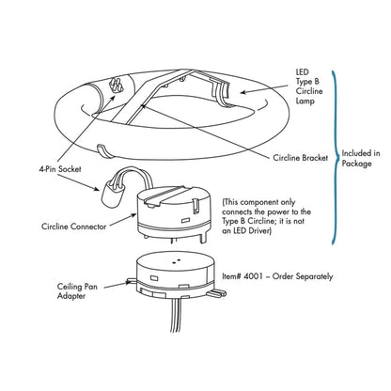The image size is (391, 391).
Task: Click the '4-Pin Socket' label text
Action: [x=60, y=169]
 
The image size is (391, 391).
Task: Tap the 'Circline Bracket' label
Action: [x=300, y=158]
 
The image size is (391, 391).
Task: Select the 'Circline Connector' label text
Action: [x=73, y=227]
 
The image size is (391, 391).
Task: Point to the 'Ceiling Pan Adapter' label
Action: [x=77, y=291]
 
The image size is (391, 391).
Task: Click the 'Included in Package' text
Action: [x=361, y=158]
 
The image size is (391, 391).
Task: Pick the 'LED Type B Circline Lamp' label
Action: [x=309, y=86]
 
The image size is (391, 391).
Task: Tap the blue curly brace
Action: [x=336, y=157]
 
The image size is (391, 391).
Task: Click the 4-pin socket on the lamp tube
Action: [x=116, y=85]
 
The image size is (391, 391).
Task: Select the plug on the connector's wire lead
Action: [x=111, y=196]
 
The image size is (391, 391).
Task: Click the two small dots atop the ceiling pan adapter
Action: [x=177, y=260]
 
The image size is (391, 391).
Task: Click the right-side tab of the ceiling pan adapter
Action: [x=217, y=292]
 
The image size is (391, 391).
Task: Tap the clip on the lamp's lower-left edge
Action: [x=104, y=150]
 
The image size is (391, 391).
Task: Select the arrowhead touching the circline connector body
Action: [x=133, y=216]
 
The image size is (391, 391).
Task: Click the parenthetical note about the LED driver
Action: [x=267, y=216]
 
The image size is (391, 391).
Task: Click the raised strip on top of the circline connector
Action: [x=166, y=195]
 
